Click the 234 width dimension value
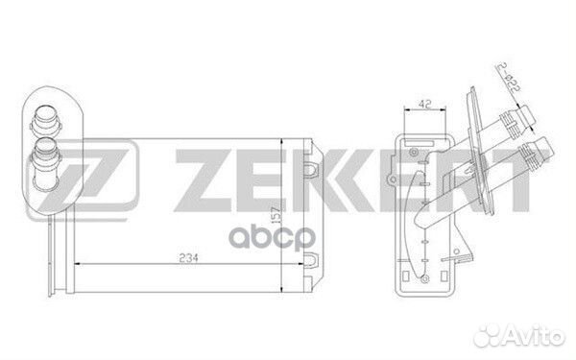188,258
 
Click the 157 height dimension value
276,214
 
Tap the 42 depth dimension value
424,104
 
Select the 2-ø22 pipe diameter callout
509,78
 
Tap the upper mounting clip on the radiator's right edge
311,167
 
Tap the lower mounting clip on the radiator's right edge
311,259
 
